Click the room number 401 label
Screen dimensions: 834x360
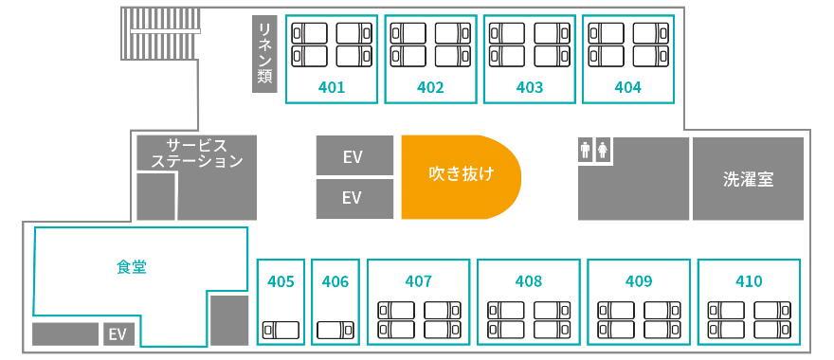click(x=332, y=87)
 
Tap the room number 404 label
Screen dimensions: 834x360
click(x=628, y=87)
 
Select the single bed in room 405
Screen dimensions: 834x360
click(x=281, y=330)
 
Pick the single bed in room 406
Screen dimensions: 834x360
click(x=335, y=330)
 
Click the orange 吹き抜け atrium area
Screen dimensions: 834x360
click(x=461, y=177)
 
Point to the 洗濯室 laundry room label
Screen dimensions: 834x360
click(x=748, y=179)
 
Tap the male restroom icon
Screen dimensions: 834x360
click(x=586, y=150)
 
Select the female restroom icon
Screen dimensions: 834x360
click(x=603, y=150)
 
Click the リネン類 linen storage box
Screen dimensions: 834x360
click(x=264, y=54)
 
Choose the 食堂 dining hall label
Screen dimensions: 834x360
click(x=132, y=267)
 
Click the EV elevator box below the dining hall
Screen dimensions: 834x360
click(x=118, y=333)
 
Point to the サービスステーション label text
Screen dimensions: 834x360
click(x=197, y=153)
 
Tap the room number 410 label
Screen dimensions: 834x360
click(x=749, y=280)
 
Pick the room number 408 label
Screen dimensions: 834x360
click(x=528, y=280)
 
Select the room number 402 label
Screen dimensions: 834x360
click(x=430, y=87)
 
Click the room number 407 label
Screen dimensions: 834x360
click(x=418, y=280)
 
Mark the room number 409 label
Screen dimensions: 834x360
click(x=639, y=280)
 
